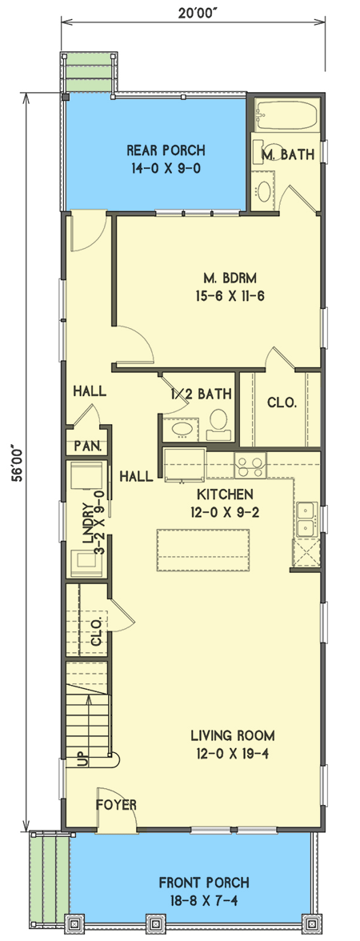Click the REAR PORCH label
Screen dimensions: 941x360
166,159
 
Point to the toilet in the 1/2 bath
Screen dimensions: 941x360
218,424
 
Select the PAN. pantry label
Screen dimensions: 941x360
86,446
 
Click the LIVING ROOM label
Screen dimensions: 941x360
233,743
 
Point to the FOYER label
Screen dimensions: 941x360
117,804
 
